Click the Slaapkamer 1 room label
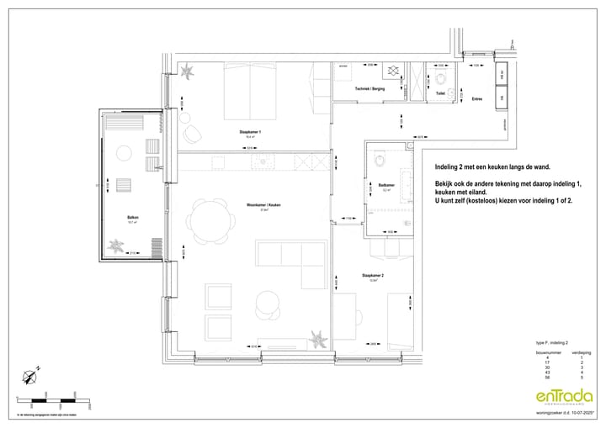click(249, 133)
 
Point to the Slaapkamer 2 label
click(373, 275)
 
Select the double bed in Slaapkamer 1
click(251, 91)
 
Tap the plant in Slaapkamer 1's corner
click(187, 76)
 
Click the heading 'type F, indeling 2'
click(552, 344)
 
